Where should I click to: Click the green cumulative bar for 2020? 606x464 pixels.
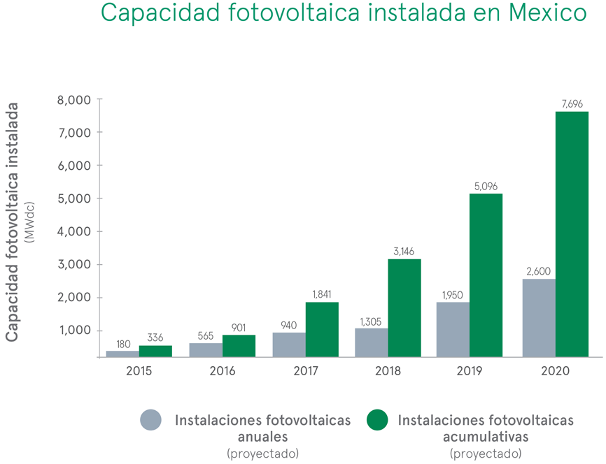(x=572, y=234)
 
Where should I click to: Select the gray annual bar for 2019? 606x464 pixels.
(x=453, y=329)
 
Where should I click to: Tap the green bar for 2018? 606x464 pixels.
(x=404, y=307)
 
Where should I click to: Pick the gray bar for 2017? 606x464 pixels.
(x=288, y=345)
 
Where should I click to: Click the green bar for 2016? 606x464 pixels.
(x=239, y=346)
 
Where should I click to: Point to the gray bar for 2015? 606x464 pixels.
(x=122, y=354)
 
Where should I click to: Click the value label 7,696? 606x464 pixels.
(x=572, y=104)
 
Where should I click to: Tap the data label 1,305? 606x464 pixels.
(x=372, y=321)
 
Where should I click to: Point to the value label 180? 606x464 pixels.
(x=123, y=344)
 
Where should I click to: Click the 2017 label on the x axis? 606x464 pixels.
(x=305, y=370)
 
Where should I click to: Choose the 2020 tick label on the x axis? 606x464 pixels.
(x=555, y=370)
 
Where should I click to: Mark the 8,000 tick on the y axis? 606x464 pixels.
(x=74, y=100)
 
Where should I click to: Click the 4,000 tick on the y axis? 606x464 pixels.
(x=74, y=231)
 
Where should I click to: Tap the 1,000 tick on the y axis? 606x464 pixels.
(x=74, y=331)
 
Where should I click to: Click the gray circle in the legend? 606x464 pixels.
(x=150, y=420)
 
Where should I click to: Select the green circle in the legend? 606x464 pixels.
(x=376, y=420)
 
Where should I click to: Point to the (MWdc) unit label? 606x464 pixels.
(x=29, y=222)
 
